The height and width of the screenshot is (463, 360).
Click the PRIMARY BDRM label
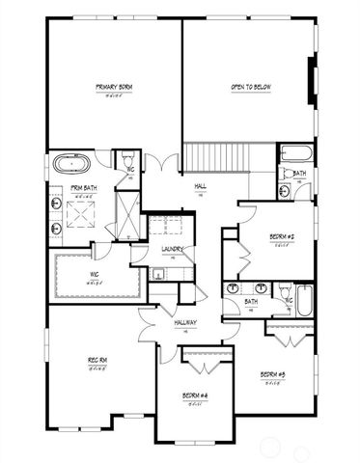114,88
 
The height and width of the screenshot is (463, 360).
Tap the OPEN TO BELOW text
250,88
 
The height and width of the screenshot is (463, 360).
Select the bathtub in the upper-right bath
294,154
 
